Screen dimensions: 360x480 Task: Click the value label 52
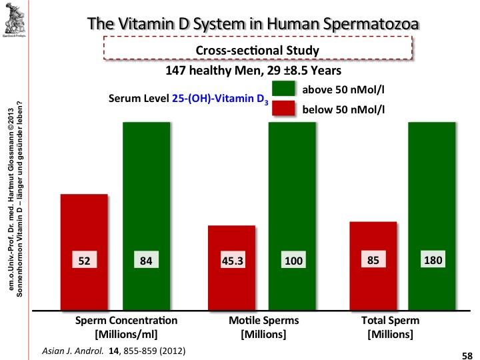[x=83, y=261]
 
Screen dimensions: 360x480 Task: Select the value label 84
[x=146, y=261]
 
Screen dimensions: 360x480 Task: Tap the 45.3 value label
[x=231, y=261]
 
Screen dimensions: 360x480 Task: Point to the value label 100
[x=293, y=261]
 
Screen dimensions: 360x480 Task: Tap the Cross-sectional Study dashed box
[x=258, y=49]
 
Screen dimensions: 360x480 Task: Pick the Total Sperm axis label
[x=389, y=326]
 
